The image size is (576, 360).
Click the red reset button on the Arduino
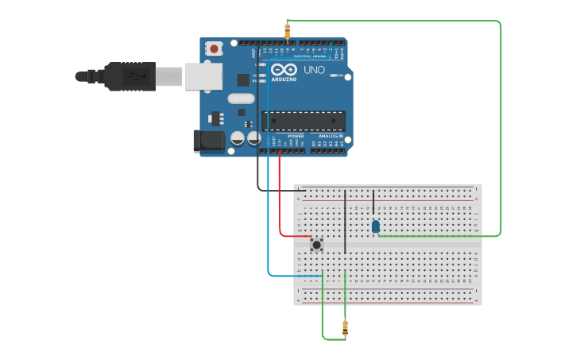(x=214, y=49)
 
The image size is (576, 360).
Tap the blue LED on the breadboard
(x=375, y=226)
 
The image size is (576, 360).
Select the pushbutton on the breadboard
(x=316, y=244)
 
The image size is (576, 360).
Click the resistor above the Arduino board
(x=287, y=31)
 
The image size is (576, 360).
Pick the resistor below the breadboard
(x=345, y=327)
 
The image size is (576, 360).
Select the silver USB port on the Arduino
(x=203, y=76)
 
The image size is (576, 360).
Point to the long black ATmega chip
(x=303, y=121)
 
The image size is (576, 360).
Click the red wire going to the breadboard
(x=280, y=199)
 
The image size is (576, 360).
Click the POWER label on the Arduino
(x=296, y=136)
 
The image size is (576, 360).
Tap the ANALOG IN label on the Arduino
(x=331, y=136)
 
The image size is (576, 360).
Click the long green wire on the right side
(x=501, y=127)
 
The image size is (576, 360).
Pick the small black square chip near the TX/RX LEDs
(x=243, y=79)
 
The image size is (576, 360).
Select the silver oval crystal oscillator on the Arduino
(x=240, y=99)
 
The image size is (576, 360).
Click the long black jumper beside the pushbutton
(x=345, y=222)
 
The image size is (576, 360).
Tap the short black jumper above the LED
(x=373, y=202)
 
